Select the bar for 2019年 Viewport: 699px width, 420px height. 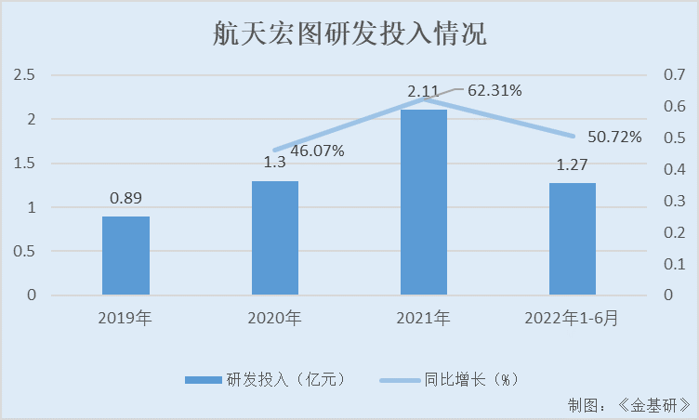point(125,256)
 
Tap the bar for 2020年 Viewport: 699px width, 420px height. point(274,238)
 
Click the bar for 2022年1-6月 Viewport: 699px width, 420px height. point(572,239)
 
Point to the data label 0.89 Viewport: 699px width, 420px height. point(125,198)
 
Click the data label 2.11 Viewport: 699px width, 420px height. point(423,91)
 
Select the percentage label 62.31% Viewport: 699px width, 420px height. point(495,91)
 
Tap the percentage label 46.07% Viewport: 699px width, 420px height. point(318,150)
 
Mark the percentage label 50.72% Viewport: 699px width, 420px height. point(615,138)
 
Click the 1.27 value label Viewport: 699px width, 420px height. point(572,165)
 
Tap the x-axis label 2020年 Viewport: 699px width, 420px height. point(274,319)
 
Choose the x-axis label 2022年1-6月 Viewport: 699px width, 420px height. point(572,319)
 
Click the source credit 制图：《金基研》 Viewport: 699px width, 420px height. point(628,405)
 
